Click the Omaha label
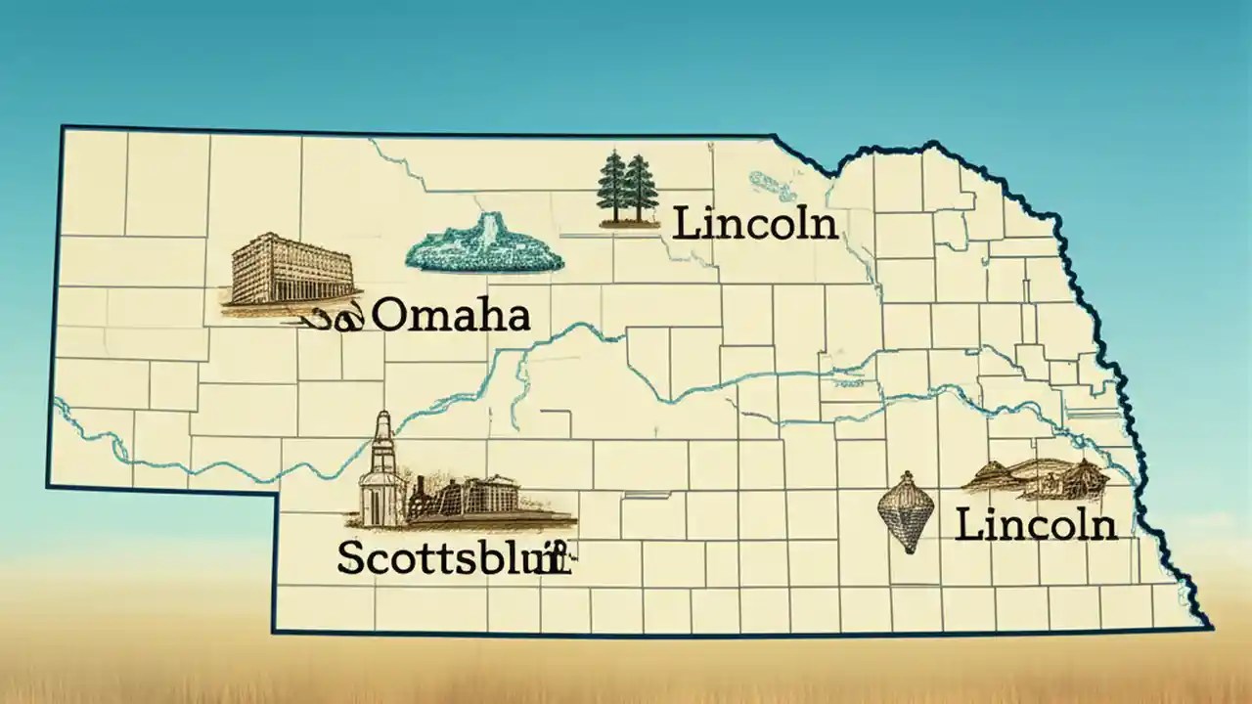click(452, 316)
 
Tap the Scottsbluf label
click(452, 557)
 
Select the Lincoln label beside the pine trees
click(756, 224)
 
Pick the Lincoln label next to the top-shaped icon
click(1036, 525)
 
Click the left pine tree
click(612, 188)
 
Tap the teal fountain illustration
click(484, 246)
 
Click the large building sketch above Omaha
click(291, 269)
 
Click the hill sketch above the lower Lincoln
click(1037, 478)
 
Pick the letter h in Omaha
click(486, 315)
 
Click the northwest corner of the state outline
click(63, 127)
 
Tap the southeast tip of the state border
click(1210, 627)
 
